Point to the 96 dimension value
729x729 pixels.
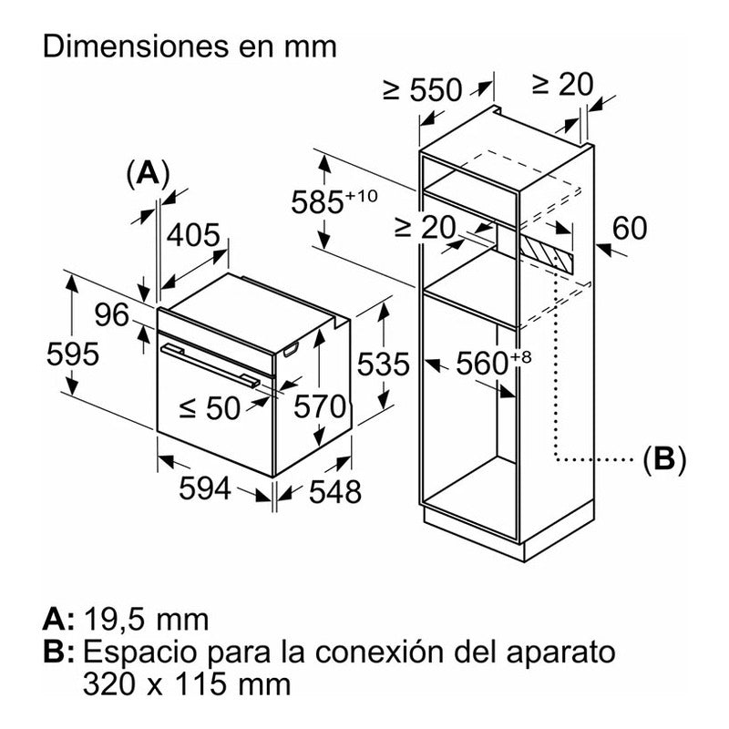tap(113, 315)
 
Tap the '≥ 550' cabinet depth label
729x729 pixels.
tap(423, 89)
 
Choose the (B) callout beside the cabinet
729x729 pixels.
tap(663, 458)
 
